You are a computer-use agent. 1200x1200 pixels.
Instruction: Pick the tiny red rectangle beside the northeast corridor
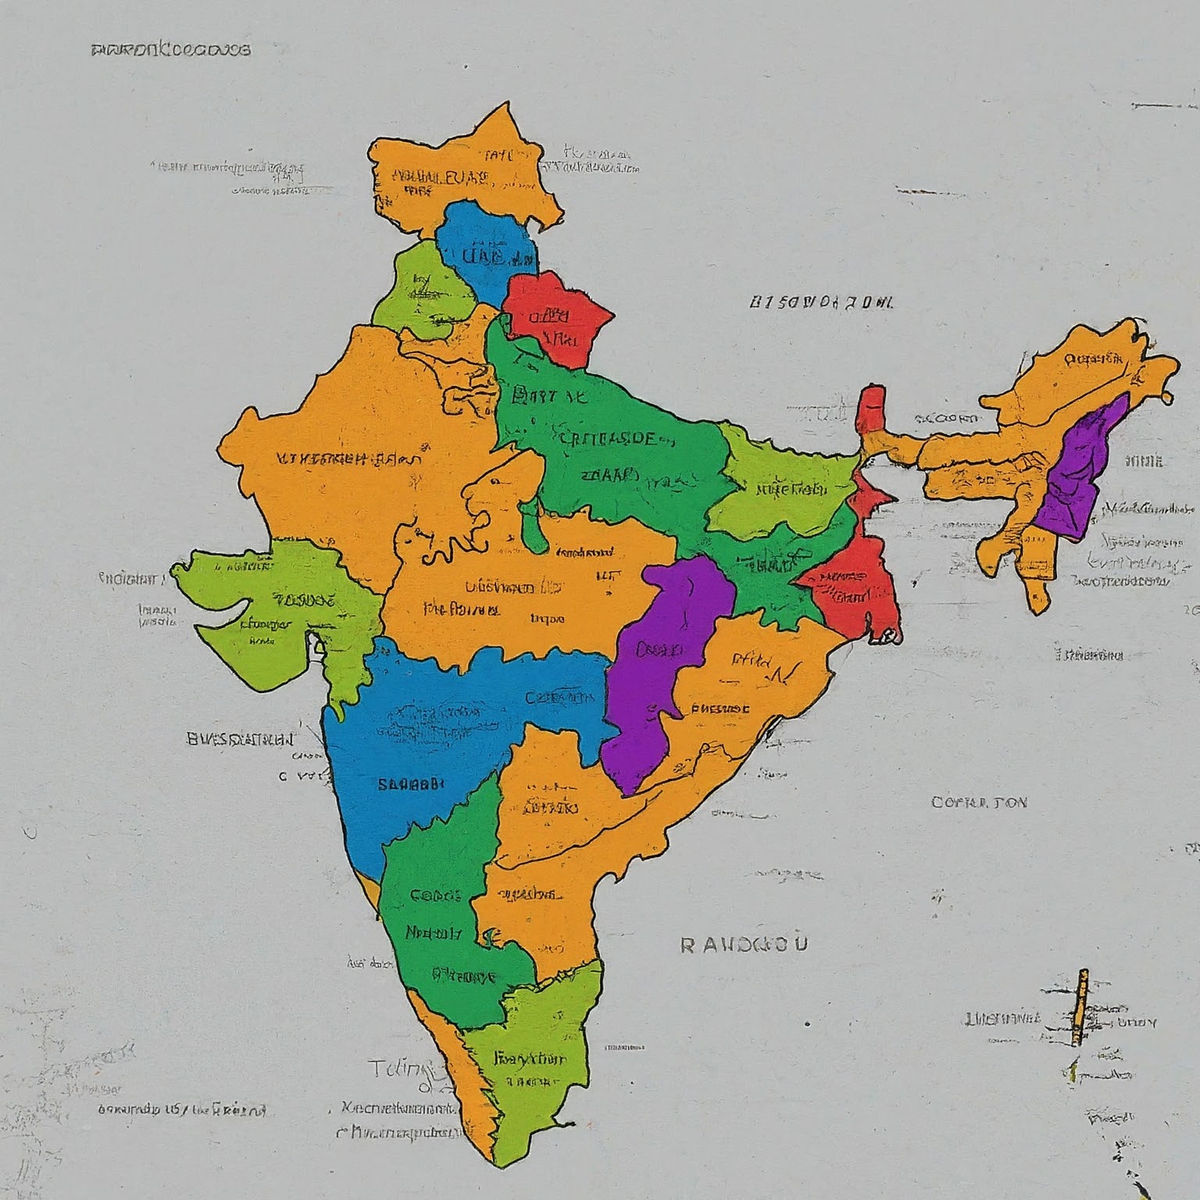(871, 408)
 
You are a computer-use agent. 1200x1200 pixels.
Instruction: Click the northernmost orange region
(461, 176)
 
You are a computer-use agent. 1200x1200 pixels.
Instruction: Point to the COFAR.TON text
(979, 802)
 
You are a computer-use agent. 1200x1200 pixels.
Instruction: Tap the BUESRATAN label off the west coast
(241, 738)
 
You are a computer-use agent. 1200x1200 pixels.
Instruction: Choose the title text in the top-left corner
(171, 50)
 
